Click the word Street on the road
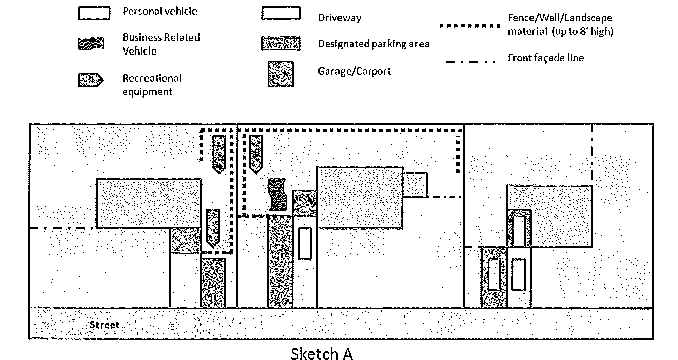pyautogui.click(x=105, y=325)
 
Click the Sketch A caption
pyautogui.click(x=321, y=354)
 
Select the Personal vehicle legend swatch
pyautogui.click(x=94, y=13)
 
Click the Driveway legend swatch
pyautogui.click(x=280, y=14)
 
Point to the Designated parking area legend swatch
pyautogui.click(x=280, y=43)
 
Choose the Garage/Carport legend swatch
pyautogui.click(x=280, y=74)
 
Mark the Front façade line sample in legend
pyautogui.click(x=470, y=62)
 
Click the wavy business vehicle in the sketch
pyautogui.click(x=277, y=194)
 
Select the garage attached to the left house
pyautogui.click(x=185, y=240)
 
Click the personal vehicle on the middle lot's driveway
pyautogui.click(x=304, y=243)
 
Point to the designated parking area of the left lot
pyautogui.click(x=213, y=283)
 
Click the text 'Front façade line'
pyautogui.click(x=546, y=58)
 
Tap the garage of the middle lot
pyautogui.click(x=305, y=202)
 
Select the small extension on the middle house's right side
pyautogui.click(x=415, y=185)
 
